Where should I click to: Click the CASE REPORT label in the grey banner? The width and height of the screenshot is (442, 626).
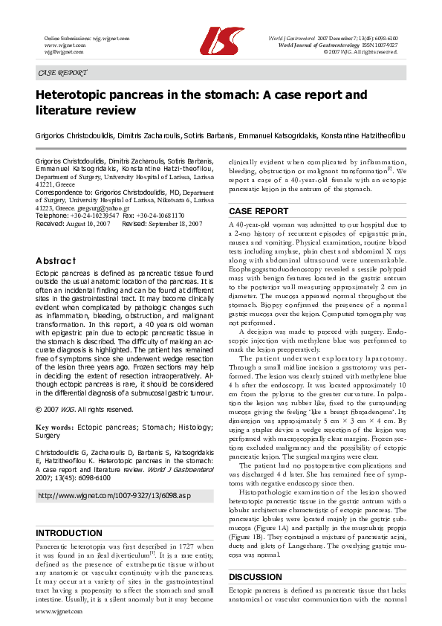[x=62, y=73]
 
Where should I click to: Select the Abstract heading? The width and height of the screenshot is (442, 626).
[x=56, y=261]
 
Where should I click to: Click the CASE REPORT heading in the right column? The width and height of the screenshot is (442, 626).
[x=259, y=211]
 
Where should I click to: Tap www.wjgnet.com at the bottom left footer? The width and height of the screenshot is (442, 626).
[x=59, y=611]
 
